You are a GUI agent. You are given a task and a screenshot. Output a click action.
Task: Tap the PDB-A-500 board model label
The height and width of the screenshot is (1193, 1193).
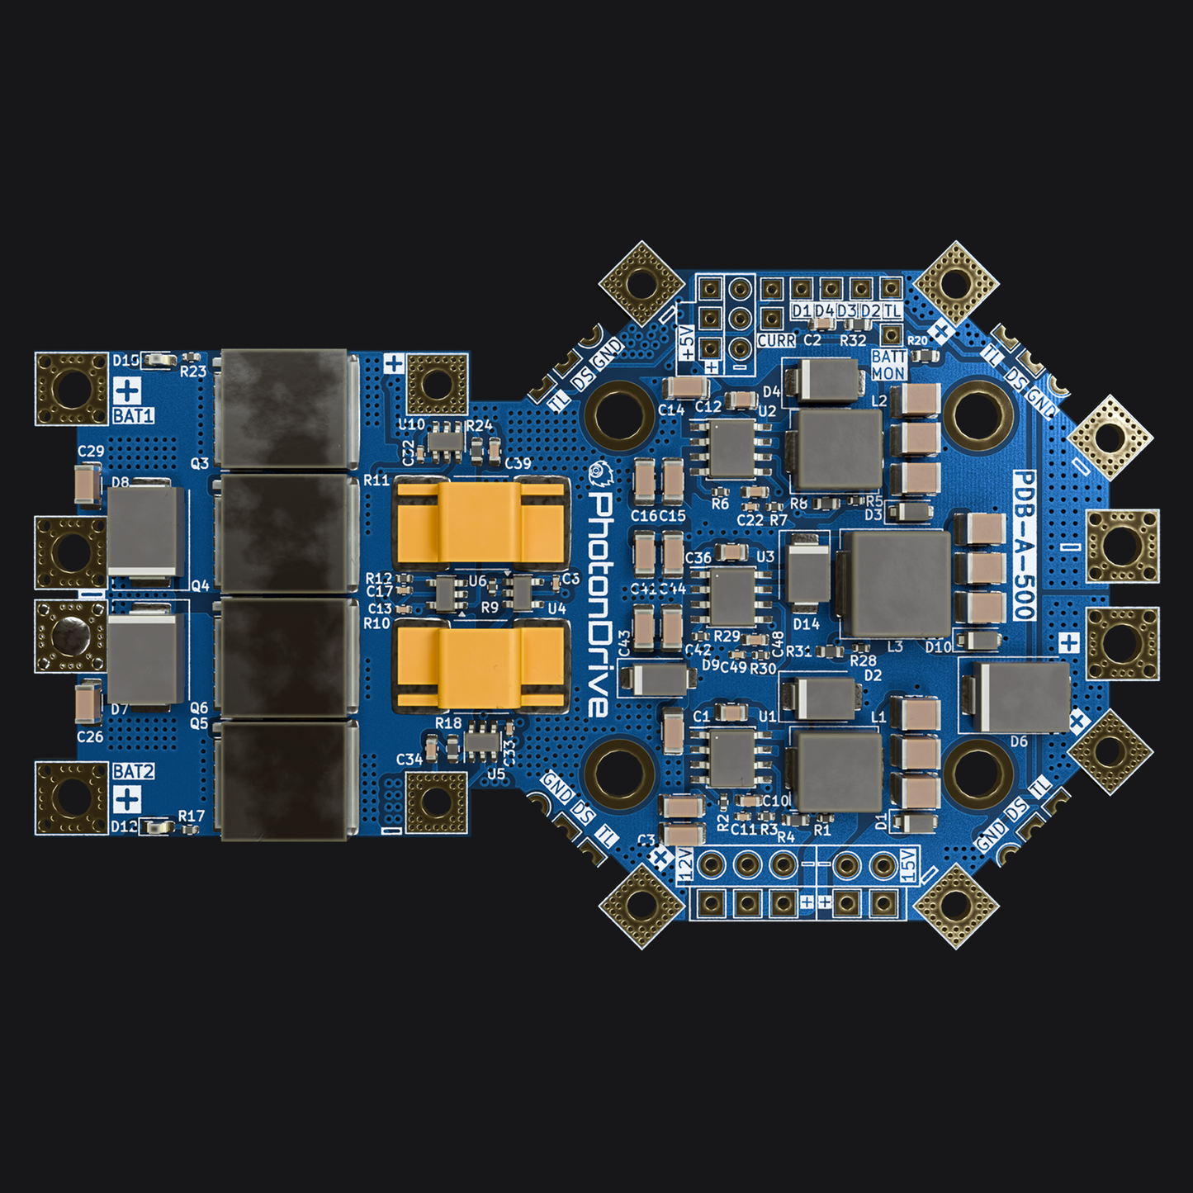pyautogui.click(x=1024, y=545)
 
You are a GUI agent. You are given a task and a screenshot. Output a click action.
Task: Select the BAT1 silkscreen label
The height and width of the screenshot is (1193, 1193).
pyautogui.click(x=133, y=415)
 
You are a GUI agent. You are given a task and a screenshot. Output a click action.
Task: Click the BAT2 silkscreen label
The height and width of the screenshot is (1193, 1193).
pyautogui.click(x=133, y=771)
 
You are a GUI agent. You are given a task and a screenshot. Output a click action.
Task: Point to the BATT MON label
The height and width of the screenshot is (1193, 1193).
pyautogui.click(x=888, y=365)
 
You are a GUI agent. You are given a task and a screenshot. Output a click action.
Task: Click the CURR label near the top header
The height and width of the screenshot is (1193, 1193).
pyautogui.click(x=776, y=340)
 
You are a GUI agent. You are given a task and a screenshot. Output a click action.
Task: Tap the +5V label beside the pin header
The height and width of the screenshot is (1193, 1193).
pyautogui.click(x=686, y=341)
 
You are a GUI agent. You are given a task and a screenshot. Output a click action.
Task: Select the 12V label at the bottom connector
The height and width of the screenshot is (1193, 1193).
pyautogui.click(x=684, y=865)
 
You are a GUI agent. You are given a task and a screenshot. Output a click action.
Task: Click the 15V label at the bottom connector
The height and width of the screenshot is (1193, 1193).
pyautogui.click(x=908, y=864)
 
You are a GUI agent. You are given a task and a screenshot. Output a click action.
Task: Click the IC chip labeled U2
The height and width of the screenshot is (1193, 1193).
pyautogui.click(x=731, y=449)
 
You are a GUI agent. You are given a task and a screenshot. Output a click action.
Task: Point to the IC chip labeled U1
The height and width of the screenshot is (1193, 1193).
pyautogui.click(x=731, y=758)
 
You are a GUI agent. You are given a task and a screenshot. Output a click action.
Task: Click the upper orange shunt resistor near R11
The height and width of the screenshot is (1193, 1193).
pyautogui.click(x=481, y=522)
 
